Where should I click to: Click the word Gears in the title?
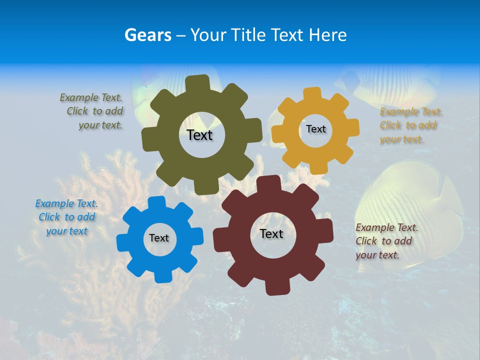pos(148,35)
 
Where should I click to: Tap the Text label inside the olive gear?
pos(199,135)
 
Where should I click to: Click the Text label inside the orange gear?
pos(315,129)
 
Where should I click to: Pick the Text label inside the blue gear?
pos(159,238)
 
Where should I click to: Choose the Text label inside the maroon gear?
pos(271,233)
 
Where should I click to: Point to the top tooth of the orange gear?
pos(313,93)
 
